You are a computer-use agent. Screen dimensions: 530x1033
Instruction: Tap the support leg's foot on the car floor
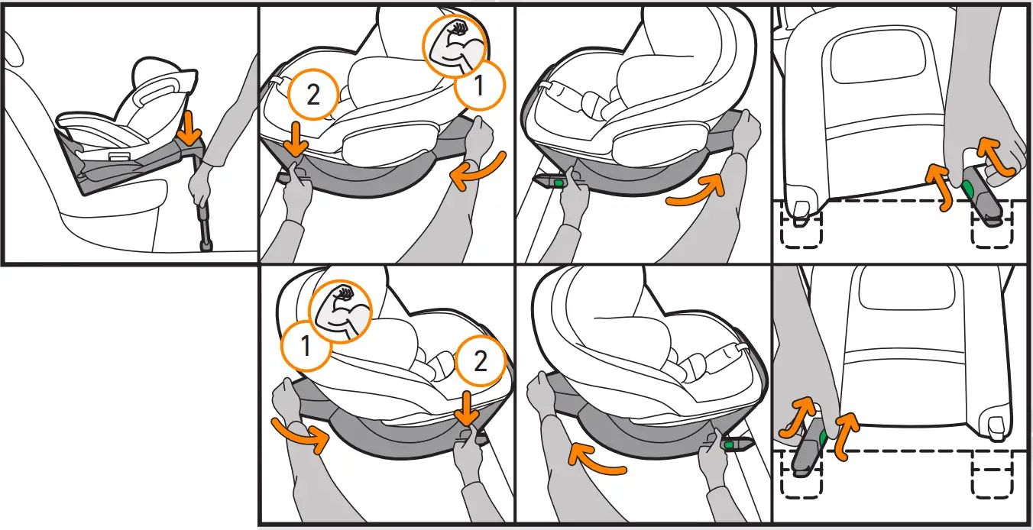(206, 245)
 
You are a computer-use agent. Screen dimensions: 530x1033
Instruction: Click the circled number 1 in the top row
(479, 86)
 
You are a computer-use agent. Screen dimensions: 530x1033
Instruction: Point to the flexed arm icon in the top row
(456, 45)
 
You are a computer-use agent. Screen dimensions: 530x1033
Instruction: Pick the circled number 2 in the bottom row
(480, 360)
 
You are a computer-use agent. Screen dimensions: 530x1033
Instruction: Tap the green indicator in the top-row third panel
(559, 183)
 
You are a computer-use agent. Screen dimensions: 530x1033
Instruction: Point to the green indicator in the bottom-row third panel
(729, 444)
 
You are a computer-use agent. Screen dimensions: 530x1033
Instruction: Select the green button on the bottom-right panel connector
(824, 436)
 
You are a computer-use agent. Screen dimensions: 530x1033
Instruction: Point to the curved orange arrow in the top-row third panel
(694, 191)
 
